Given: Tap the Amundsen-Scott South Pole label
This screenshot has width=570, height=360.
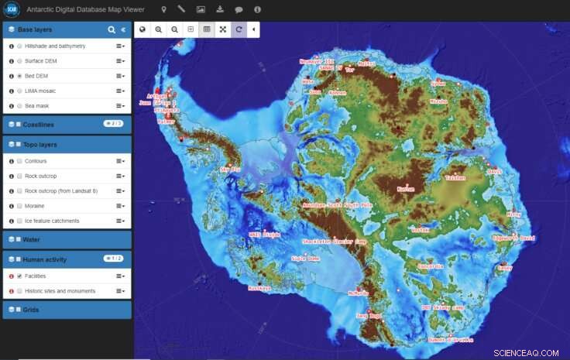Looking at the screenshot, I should click(x=338, y=205).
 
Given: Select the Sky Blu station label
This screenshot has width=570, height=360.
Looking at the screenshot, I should click(x=231, y=169).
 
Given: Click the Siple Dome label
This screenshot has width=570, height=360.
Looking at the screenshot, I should click(x=305, y=259).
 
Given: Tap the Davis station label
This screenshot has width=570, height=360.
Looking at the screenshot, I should click(x=495, y=171).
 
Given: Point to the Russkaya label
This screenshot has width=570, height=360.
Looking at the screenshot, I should click(x=259, y=288).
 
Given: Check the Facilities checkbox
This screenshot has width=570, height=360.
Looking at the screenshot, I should click(x=19, y=276).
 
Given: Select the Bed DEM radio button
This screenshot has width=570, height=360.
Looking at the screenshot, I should click(x=19, y=76).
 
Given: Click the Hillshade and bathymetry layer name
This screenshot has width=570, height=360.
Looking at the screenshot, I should click(x=55, y=46).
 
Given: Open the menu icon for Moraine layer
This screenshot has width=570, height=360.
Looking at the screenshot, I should click(x=120, y=206).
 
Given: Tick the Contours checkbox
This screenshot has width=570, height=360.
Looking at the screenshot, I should click(x=19, y=161).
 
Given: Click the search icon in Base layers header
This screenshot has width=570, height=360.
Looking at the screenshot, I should click(x=112, y=29).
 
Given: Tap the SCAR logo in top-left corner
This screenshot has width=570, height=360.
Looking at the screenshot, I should click(x=12, y=10).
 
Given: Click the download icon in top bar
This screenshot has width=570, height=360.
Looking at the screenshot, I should click(x=219, y=9).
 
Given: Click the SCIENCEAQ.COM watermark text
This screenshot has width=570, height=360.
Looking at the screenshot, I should click(x=526, y=352).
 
